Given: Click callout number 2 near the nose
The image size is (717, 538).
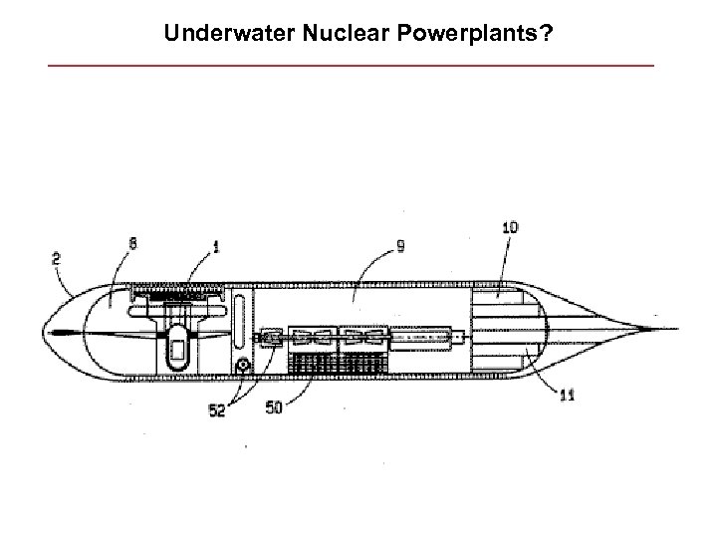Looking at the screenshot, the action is click(x=56, y=256).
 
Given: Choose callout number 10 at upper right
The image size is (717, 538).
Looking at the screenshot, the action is click(x=510, y=228).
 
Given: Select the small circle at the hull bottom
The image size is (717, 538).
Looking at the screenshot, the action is click(x=240, y=368).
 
